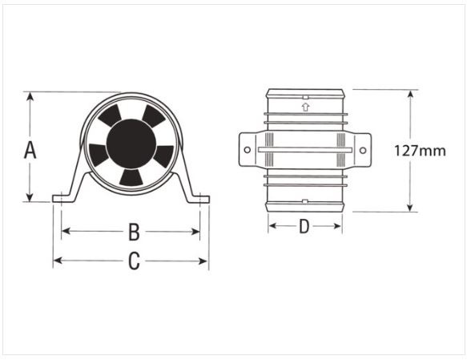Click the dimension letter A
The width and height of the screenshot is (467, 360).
click(x=30, y=148)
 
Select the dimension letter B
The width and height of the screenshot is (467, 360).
click(x=134, y=233)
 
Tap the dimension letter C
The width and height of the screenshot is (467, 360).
click(x=134, y=261)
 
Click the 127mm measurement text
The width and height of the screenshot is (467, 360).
click(x=420, y=150)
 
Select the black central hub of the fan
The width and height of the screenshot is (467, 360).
click(x=131, y=144)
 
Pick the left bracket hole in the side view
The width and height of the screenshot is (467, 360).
click(x=247, y=150)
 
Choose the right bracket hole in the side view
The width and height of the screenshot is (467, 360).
click(x=363, y=150)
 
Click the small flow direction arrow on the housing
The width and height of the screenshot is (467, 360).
click(x=304, y=105)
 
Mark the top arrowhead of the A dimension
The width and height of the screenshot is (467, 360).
click(x=30, y=95)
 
